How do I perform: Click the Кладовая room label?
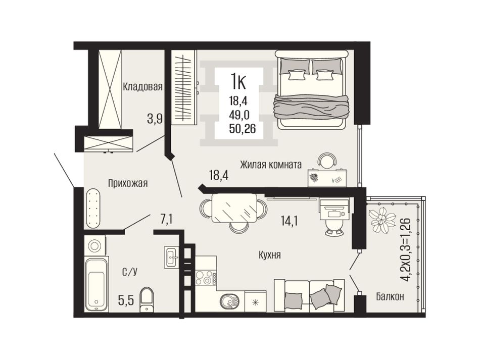(x=142, y=87)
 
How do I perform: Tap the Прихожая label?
(x=128, y=183)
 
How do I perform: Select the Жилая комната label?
(x=271, y=165)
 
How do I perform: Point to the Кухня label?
(x=270, y=255)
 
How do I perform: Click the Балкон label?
(x=390, y=296)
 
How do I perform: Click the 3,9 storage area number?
(x=155, y=118)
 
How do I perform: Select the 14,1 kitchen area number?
(x=289, y=220)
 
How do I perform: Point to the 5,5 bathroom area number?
(x=126, y=301)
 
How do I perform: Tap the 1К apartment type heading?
(x=238, y=81)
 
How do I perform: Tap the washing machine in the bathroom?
(x=94, y=245)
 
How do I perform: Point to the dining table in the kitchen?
(x=234, y=209)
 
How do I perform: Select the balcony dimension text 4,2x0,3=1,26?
(x=405, y=249)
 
